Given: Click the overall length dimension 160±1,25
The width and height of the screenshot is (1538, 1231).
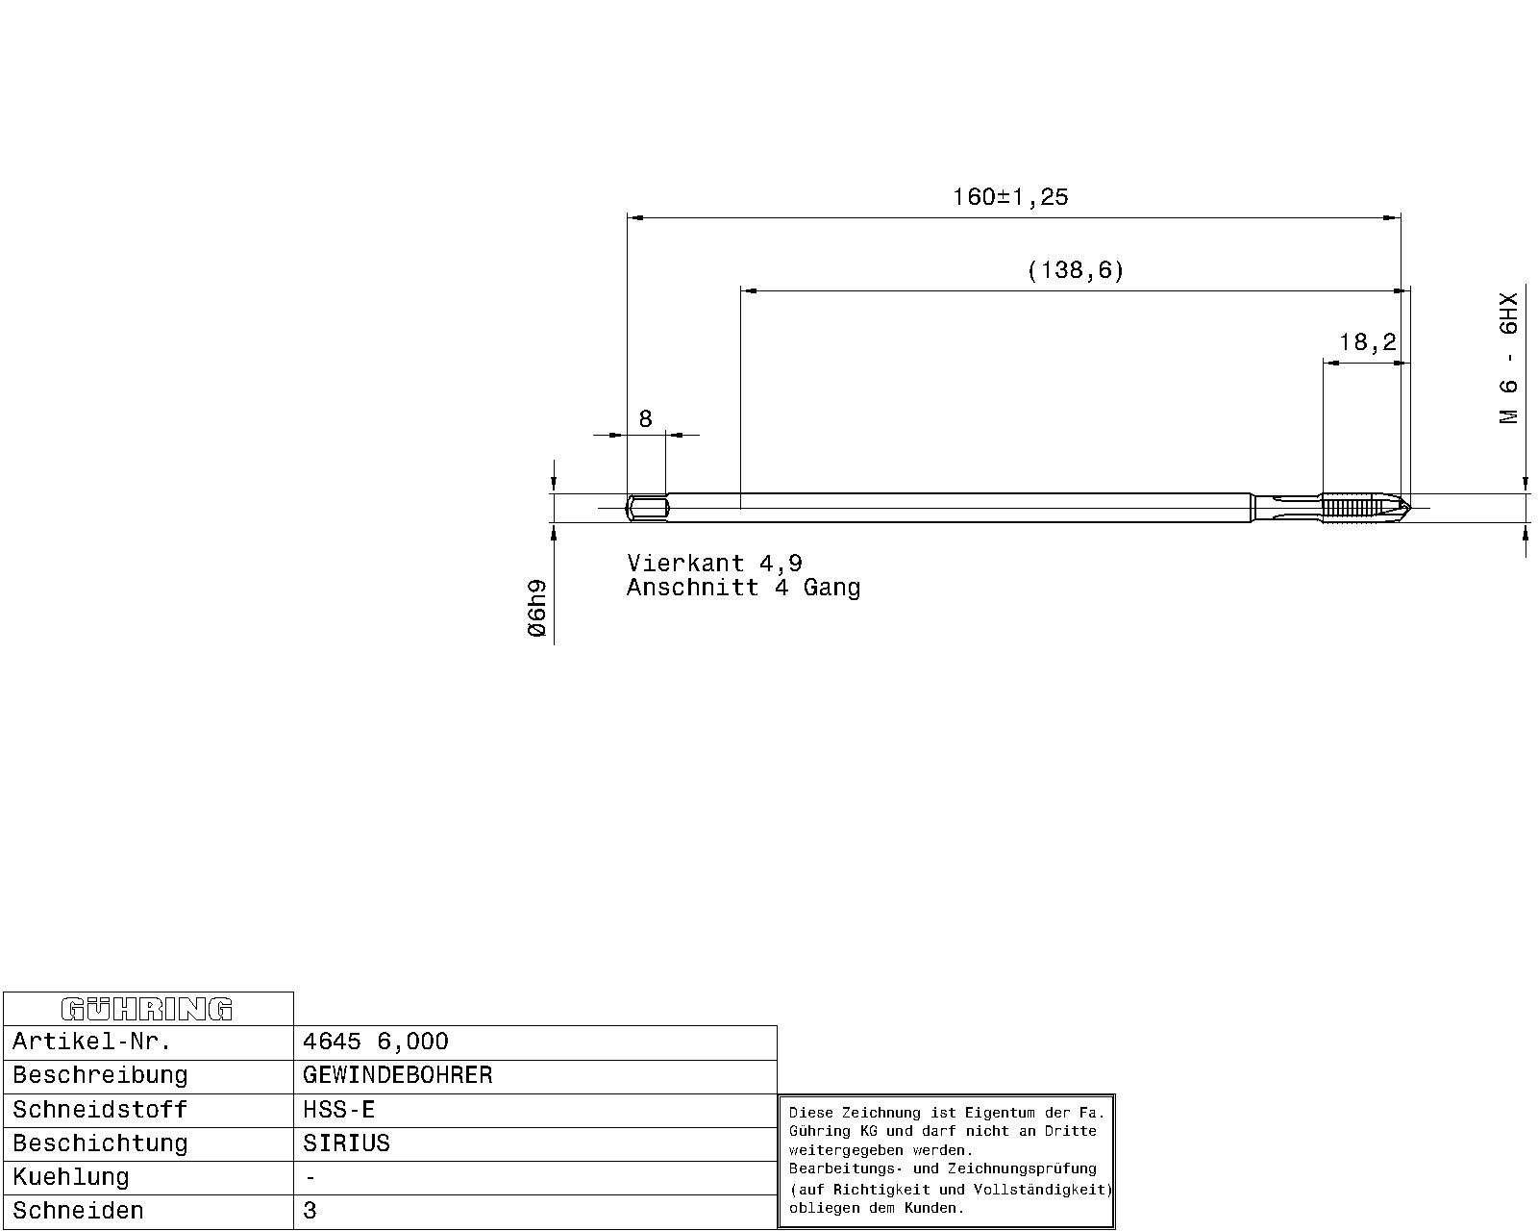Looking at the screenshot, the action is [x=1010, y=197].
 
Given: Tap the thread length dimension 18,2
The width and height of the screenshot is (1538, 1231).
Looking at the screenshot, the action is [x=1367, y=342].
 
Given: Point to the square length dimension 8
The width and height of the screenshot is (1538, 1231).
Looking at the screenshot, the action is [x=645, y=418].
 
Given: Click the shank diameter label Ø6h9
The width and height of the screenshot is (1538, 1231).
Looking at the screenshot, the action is [x=536, y=608].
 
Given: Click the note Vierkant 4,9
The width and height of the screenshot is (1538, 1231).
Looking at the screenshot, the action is [x=714, y=563].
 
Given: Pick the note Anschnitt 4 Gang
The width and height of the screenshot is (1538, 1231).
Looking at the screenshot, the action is [x=743, y=588].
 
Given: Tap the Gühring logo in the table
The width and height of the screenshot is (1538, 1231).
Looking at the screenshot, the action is [x=147, y=1009].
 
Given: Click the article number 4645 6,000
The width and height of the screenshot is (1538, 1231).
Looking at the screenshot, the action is [x=375, y=1041].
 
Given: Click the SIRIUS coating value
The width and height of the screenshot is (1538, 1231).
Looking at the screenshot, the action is [x=347, y=1143].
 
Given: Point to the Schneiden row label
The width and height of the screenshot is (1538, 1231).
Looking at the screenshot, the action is [x=79, y=1210].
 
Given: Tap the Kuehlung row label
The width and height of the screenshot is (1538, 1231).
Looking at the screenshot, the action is [x=71, y=1176].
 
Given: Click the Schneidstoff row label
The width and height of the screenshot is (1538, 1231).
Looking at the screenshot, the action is [x=100, y=1110].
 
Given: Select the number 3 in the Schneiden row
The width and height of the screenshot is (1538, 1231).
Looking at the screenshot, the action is [x=310, y=1210].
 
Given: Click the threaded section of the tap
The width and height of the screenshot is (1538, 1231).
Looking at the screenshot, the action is [x=1347, y=508].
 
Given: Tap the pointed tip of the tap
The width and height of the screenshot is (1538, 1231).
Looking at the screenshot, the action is [x=1408, y=508].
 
